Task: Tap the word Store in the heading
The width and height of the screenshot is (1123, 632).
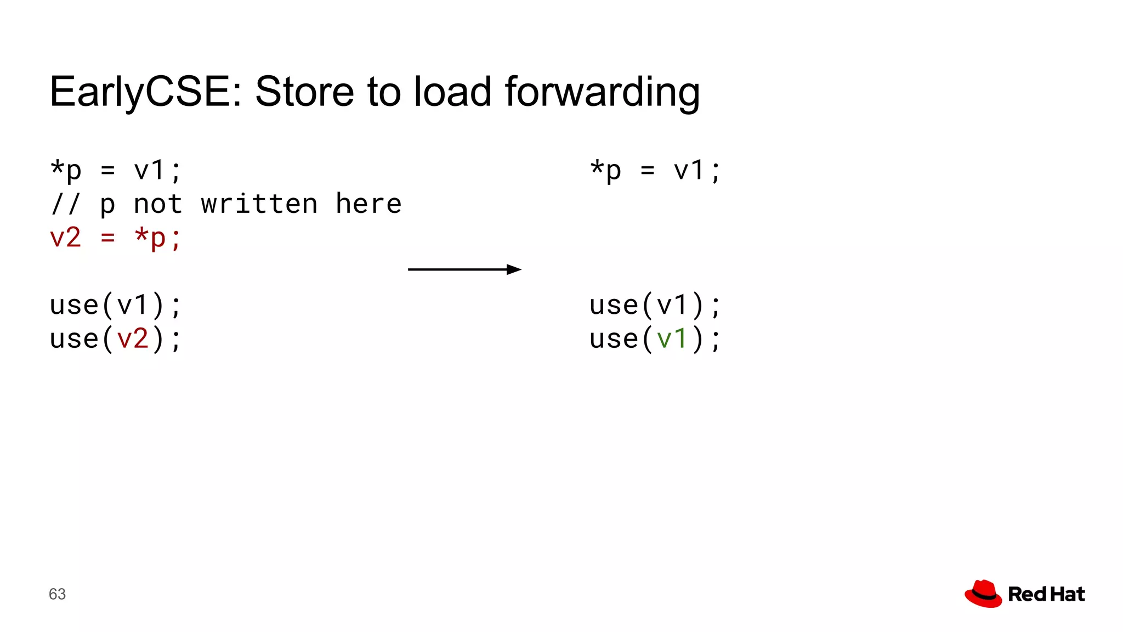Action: (x=304, y=91)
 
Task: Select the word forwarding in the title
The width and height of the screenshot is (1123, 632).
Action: (x=602, y=92)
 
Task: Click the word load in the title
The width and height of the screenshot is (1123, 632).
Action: (x=452, y=91)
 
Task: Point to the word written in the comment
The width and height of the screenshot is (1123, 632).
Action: (x=259, y=204)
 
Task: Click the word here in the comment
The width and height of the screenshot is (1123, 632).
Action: (x=368, y=204)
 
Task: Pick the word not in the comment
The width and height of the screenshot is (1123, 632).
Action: (x=158, y=204)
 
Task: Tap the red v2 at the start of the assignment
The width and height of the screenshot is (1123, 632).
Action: (x=65, y=238)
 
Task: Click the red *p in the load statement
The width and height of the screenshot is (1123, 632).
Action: (x=150, y=238)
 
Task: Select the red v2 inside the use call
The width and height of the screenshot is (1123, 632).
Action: (x=133, y=338)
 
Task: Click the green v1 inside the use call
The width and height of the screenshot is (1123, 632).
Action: (x=672, y=338)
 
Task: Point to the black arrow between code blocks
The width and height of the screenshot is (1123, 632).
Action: (x=464, y=269)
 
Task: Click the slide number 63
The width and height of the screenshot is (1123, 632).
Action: (x=57, y=594)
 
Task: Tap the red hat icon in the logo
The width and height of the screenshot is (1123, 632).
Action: (x=983, y=594)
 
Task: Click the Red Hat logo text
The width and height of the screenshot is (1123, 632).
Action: (x=1046, y=594)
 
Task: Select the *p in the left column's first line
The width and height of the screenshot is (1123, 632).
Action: (x=66, y=171)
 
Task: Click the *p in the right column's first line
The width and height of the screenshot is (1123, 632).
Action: (x=605, y=171)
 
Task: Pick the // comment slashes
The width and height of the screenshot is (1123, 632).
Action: (x=65, y=204)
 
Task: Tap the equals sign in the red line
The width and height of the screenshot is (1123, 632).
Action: (x=108, y=238)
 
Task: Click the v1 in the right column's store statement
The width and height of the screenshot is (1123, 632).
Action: (x=689, y=171)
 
